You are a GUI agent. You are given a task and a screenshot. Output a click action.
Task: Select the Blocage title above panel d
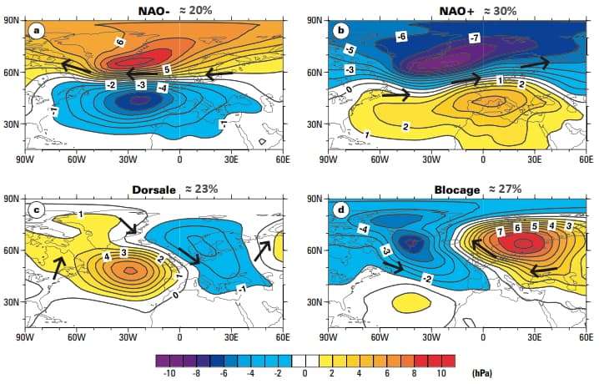(x=456, y=189)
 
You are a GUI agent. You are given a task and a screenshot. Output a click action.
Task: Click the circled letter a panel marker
(x=35, y=31)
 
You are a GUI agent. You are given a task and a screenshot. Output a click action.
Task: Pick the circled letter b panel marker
(x=339, y=31)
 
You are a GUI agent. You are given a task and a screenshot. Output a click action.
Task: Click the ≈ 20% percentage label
(x=199, y=10)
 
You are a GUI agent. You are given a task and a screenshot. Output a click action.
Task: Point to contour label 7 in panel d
(x=500, y=230)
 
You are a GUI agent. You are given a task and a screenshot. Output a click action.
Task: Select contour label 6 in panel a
(x=120, y=42)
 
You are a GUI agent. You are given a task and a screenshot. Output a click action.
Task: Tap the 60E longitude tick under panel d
(x=585, y=339)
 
